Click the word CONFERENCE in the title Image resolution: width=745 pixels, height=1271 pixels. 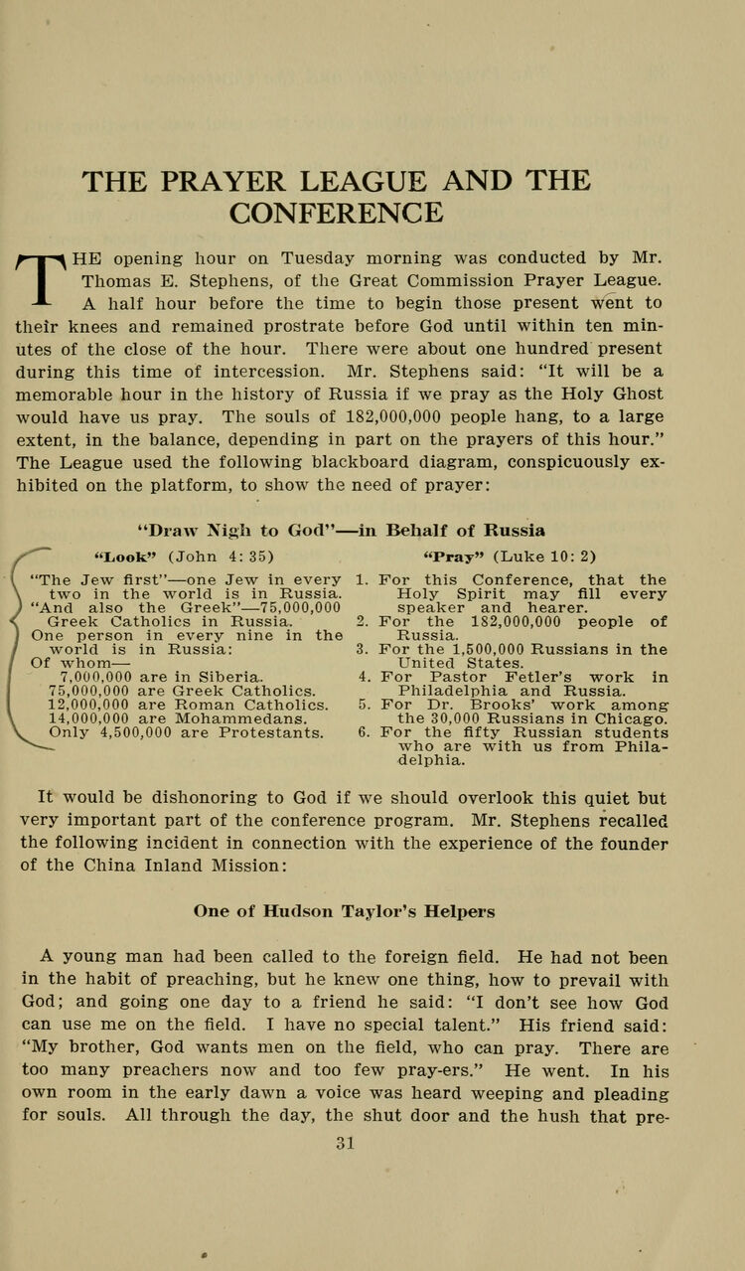pyautogui.click(x=336, y=214)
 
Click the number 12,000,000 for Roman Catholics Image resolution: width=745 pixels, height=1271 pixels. pyautogui.click(x=87, y=706)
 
